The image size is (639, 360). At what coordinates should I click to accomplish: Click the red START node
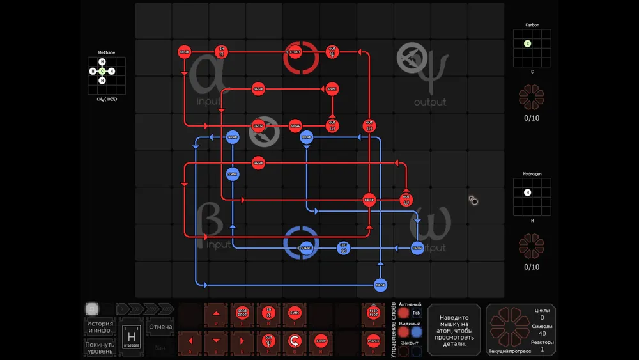pyautogui.click(x=295, y=51)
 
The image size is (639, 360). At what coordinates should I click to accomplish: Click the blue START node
pyautogui.click(x=306, y=247)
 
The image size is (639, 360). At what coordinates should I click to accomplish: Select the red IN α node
pyautogui.click(x=221, y=51)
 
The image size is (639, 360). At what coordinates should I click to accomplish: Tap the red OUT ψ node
pyautogui.click(x=332, y=51)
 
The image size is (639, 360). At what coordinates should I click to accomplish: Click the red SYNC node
pyautogui.click(x=332, y=88)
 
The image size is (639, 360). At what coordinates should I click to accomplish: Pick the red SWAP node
pyautogui.click(x=295, y=125)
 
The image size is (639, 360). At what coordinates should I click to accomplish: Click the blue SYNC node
pyautogui.click(x=233, y=173)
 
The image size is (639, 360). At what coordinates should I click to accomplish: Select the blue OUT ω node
pyautogui.click(x=343, y=247)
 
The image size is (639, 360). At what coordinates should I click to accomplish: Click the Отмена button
pyautogui.click(x=160, y=327)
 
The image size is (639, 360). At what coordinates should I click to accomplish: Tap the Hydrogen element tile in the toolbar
pyautogui.click(x=130, y=336)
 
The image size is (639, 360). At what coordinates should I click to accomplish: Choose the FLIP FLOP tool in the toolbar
pyautogui.click(x=374, y=313)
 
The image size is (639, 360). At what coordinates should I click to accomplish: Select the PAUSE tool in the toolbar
pyautogui.click(x=374, y=340)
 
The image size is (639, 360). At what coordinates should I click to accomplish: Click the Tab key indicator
pyautogui.click(x=416, y=313)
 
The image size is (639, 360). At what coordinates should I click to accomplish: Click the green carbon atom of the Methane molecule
pyautogui.click(x=102, y=71)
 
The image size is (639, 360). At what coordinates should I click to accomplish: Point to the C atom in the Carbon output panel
pyautogui.click(x=528, y=43)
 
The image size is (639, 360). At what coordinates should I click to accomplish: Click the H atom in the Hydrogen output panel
pyautogui.click(x=528, y=192)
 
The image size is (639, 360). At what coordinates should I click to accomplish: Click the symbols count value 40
pyautogui.click(x=542, y=333)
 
